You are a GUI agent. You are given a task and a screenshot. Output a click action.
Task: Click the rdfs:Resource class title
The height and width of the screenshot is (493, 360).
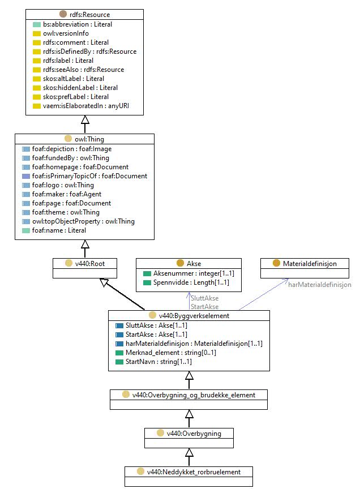pyautogui.click(x=89, y=15)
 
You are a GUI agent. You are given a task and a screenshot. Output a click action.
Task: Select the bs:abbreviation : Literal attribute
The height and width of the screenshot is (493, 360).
pyautogui.click(x=78, y=24)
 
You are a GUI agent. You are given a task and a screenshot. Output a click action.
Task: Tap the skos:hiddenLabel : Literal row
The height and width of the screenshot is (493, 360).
pyautogui.click(x=80, y=88)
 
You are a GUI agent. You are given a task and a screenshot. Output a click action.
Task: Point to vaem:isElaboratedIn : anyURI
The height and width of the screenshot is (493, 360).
pyautogui.click(x=86, y=106)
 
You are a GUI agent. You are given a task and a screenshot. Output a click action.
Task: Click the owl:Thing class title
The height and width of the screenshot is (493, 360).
pyautogui.click(x=89, y=139)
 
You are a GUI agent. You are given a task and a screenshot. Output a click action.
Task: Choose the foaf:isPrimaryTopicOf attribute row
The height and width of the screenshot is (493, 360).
pyautogui.click(x=89, y=176)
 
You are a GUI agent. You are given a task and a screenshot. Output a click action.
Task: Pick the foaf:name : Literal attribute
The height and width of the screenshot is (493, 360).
pyautogui.click(x=59, y=230)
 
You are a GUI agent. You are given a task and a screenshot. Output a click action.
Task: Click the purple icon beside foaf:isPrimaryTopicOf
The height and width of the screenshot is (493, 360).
pyautogui.click(x=26, y=176)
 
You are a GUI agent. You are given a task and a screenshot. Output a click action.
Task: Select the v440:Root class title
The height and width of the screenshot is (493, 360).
pyautogui.click(x=89, y=263)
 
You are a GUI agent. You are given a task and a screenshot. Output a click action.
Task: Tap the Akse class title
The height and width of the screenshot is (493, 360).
pyautogui.click(x=194, y=263)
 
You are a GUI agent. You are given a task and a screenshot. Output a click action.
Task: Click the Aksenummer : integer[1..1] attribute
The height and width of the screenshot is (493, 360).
pyautogui.click(x=194, y=273)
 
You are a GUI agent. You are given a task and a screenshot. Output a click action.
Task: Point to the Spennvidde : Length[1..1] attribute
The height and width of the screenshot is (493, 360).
pyautogui.click(x=191, y=282)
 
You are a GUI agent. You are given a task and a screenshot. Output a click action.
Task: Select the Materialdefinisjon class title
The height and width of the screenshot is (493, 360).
pyautogui.click(x=310, y=263)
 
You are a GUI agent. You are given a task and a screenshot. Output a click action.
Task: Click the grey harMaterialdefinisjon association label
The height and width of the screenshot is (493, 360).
pyautogui.click(x=320, y=285)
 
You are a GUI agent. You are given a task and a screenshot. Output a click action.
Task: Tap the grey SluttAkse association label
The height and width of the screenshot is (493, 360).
pyautogui.click(x=205, y=298)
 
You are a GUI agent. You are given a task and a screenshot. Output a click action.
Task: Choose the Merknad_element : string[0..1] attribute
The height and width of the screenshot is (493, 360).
pyautogui.click(x=171, y=353)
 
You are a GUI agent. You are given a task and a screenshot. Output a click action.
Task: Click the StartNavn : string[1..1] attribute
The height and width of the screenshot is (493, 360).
pyautogui.click(x=158, y=362)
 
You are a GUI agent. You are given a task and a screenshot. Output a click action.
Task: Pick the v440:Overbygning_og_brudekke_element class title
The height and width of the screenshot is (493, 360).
pyautogui.click(x=194, y=395)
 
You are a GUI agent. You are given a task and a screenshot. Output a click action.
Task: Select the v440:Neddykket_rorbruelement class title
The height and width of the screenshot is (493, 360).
pyautogui.click(x=194, y=472)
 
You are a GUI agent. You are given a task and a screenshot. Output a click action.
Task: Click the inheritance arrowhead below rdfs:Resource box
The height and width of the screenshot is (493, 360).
pyautogui.click(x=85, y=119)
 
